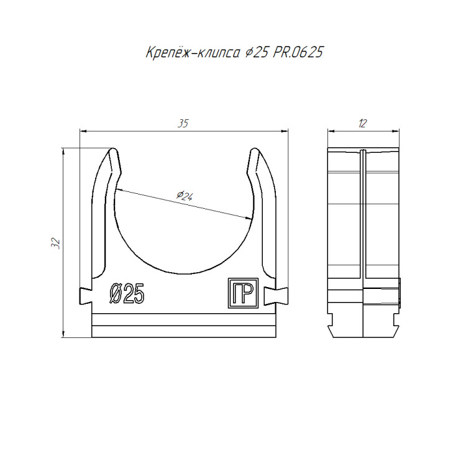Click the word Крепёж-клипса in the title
[x=193, y=52]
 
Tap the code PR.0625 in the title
[x=298, y=52]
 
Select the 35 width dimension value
[x=183, y=124]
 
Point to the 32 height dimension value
[x=56, y=244]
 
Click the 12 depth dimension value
[x=363, y=124]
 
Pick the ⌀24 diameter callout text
[x=185, y=196]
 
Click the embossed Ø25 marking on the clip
[x=127, y=293]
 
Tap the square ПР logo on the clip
[x=243, y=293]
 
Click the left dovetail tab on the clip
[x=85, y=296]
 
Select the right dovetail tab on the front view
[x=276, y=296]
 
